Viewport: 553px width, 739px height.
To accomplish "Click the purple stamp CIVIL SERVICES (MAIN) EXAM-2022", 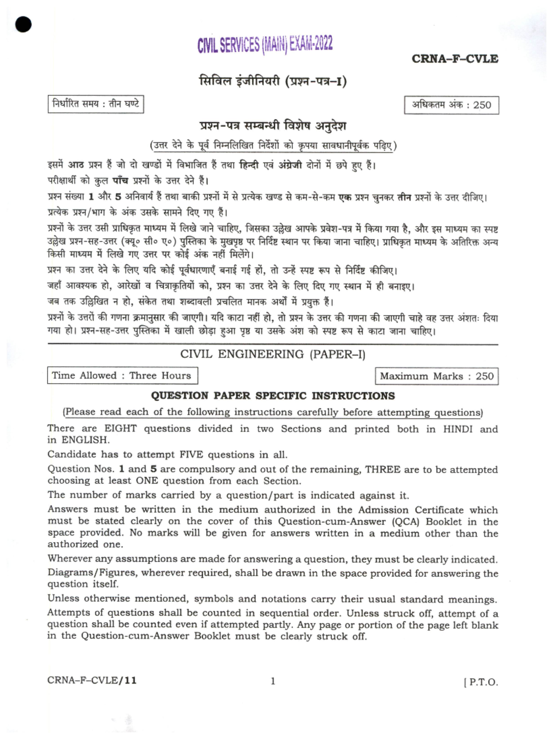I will pos(265,45).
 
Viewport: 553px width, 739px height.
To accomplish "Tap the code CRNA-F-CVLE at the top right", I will pos(454,59).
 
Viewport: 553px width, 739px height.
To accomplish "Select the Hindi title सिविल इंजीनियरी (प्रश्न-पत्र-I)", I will pos(273,81).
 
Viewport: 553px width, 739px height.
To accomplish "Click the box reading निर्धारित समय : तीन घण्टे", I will pos(96,104).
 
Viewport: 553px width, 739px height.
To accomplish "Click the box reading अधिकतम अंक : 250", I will pos(451,105).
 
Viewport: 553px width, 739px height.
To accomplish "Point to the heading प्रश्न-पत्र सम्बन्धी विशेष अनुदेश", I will pos(273,126).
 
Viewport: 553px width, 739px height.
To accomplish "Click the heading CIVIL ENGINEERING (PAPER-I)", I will pos(273,354).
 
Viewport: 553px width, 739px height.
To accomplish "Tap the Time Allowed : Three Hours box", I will pos(122,375).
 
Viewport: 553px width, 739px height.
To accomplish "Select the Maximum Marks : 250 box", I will pos(436,376).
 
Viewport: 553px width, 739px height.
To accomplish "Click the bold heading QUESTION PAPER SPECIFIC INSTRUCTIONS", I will pos(273,396).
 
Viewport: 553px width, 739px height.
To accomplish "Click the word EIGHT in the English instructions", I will pos(121,428).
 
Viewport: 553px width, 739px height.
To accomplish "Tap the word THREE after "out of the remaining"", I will pos(382,469).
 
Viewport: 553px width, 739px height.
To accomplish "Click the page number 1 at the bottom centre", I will pos(273,681).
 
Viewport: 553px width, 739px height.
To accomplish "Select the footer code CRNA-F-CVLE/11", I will pos(92,680).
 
